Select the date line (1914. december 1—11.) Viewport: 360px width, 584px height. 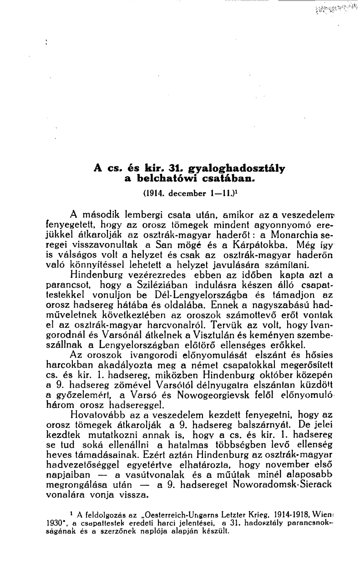coord(188,193)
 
